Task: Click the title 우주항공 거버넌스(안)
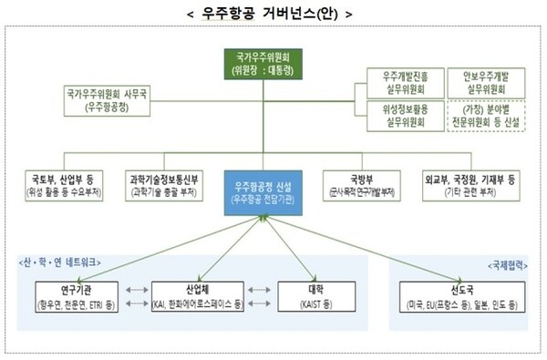click(273, 14)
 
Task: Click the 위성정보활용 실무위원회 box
click(404, 116)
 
